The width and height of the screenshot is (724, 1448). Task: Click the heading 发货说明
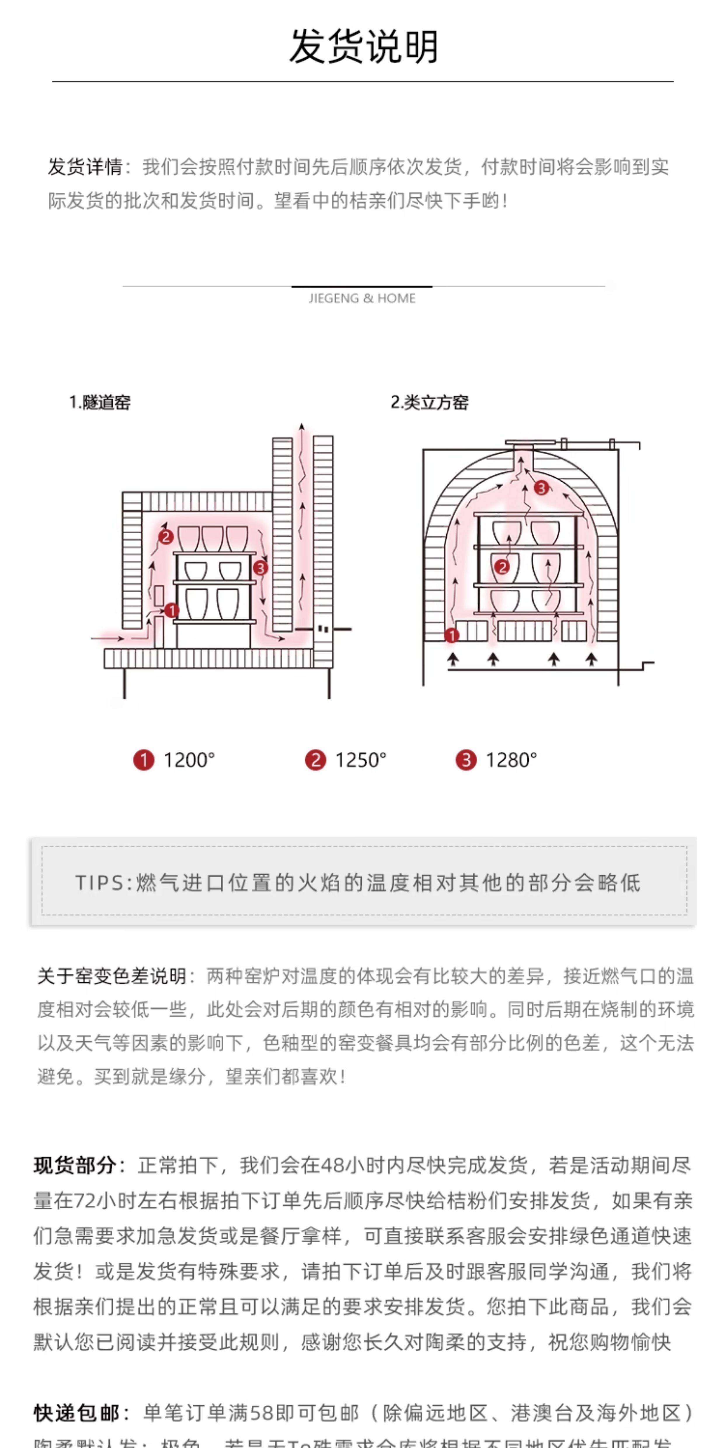363,47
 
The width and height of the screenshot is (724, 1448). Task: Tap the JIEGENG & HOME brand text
362,298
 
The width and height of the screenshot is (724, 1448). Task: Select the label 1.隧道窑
100,403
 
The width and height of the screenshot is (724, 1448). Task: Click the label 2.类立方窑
429,403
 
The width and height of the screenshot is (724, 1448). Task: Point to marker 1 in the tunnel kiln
171,610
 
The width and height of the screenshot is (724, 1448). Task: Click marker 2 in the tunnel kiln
165,537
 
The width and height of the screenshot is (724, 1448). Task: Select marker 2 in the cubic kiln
502,567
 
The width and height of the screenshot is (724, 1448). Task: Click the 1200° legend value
189,760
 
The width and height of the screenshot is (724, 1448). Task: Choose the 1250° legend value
360,760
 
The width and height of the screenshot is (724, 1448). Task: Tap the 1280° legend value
511,760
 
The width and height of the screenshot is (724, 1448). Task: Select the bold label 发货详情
85,167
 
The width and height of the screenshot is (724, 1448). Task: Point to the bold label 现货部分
75,1166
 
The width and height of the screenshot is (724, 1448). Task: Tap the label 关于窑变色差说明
111,977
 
